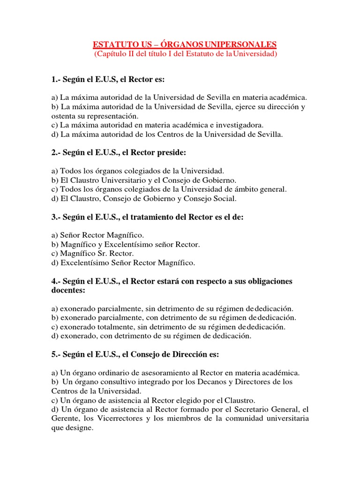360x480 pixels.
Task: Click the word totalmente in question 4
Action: (x=114, y=327)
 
